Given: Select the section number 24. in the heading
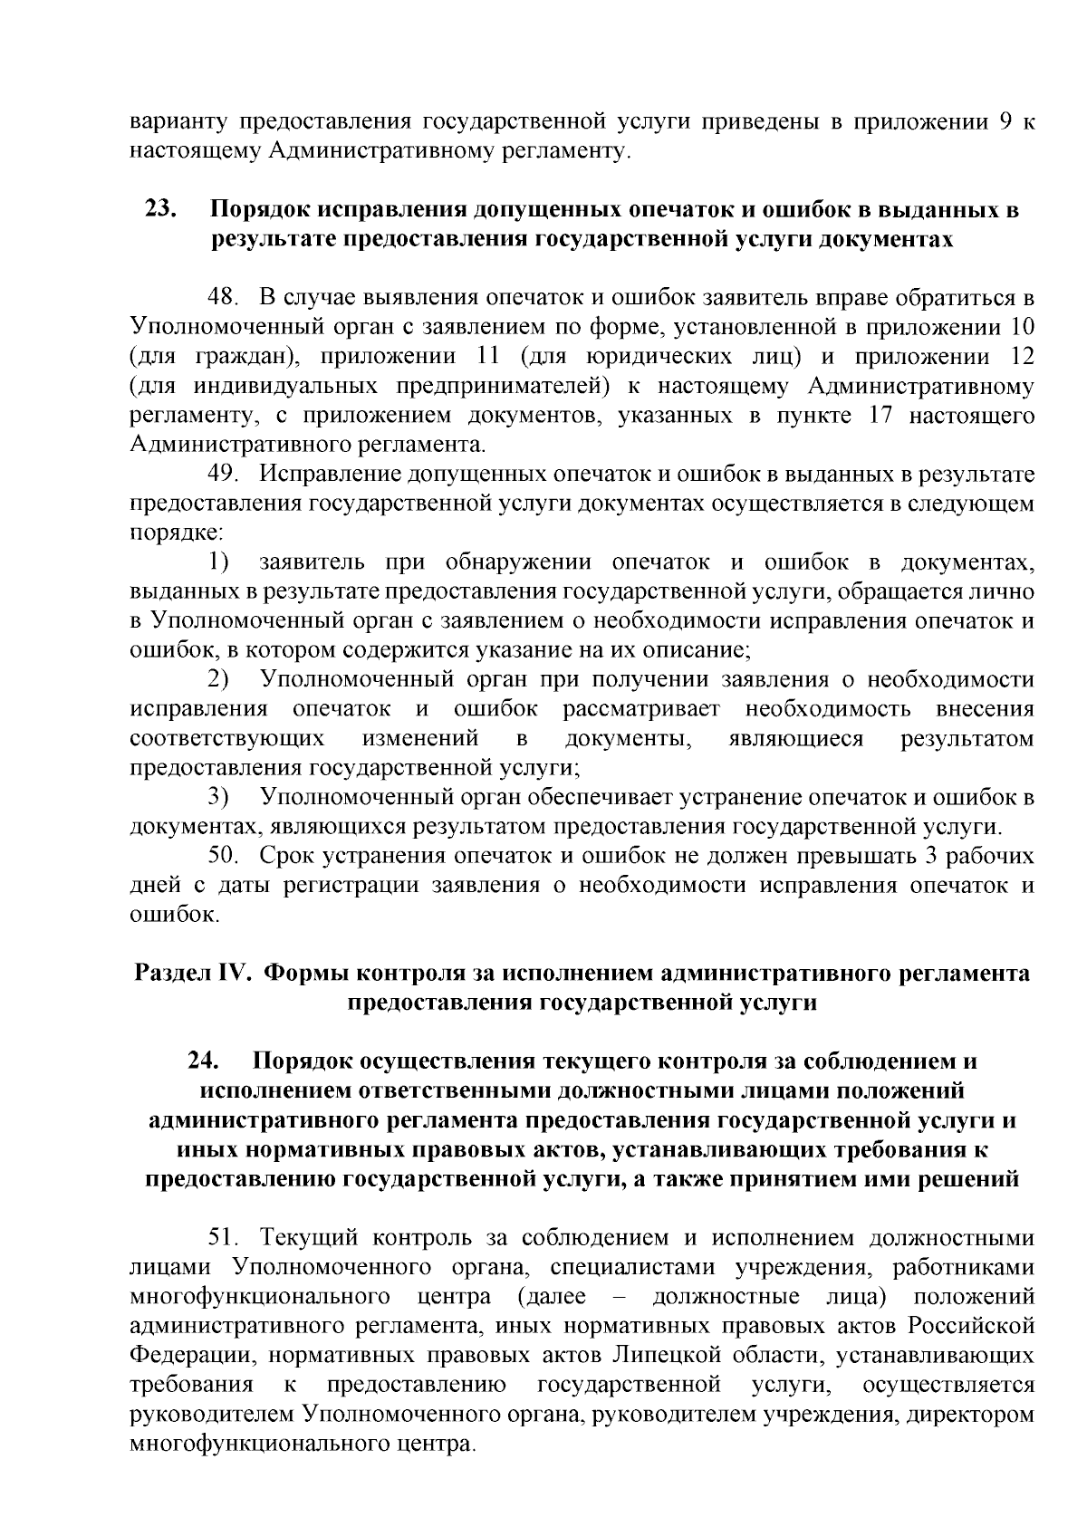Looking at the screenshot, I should [x=205, y=1061].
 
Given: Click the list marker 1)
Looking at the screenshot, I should [x=217, y=562].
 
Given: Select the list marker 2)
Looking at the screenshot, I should [x=217, y=679].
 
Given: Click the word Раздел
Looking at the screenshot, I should [x=172, y=973].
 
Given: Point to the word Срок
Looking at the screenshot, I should [x=285, y=856].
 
